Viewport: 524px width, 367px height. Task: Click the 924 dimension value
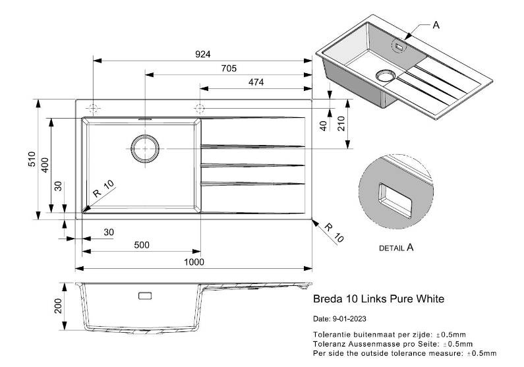[202, 53]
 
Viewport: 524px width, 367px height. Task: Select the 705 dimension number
[228, 69]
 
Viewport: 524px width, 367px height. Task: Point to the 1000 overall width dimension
[194, 262]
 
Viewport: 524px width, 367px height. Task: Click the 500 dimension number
[141, 244]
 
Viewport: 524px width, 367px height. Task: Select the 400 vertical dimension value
[44, 165]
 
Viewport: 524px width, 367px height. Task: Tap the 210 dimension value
[340, 124]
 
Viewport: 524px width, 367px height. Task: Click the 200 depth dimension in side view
[58, 306]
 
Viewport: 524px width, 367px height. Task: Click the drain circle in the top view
[145, 149]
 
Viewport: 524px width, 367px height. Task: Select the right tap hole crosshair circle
[200, 107]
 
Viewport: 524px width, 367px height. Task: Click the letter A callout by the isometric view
[435, 25]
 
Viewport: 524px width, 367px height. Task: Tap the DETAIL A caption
[396, 248]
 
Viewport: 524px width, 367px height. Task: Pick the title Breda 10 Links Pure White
[378, 299]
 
